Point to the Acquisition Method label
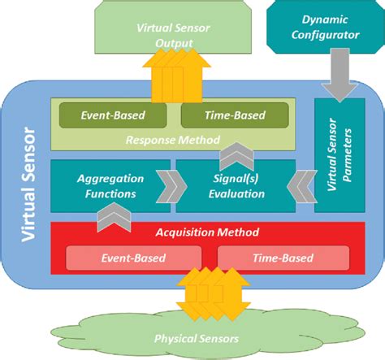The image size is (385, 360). coord(205,232)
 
